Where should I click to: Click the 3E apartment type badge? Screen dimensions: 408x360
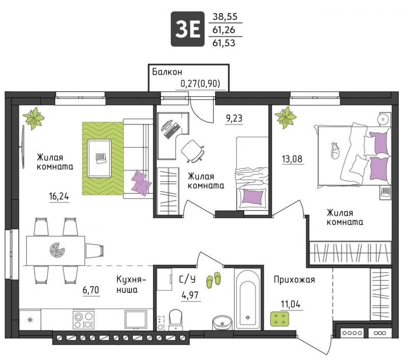coord(187,29)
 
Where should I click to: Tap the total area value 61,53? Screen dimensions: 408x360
coord(224,43)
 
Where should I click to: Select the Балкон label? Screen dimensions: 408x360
coord(167,72)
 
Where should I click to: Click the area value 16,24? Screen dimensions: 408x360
coord(59,196)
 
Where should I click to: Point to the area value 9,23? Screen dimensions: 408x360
coord(234,118)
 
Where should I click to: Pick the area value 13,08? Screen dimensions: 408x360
coord(292,159)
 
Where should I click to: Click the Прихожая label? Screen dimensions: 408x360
coord(294,279)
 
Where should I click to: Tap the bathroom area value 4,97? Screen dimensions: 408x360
coord(190,295)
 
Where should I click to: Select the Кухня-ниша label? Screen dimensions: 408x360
coord(131,285)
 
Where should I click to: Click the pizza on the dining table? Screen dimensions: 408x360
coord(57,250)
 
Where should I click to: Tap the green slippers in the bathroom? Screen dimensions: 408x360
coord(213,280)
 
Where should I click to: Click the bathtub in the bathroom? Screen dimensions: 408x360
coord(248,299)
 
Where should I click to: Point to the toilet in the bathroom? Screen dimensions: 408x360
coord(175,320)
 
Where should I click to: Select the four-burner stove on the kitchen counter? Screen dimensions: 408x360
coord(84,320)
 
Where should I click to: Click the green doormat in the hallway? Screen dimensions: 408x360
coord(279,319)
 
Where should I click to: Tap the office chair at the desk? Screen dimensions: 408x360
coord(193,151)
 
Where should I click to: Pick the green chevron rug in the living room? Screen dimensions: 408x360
coord(103,159)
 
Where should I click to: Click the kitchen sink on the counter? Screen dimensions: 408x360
coord(135,319)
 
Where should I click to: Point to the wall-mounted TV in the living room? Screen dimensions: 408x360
coord(23,147)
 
